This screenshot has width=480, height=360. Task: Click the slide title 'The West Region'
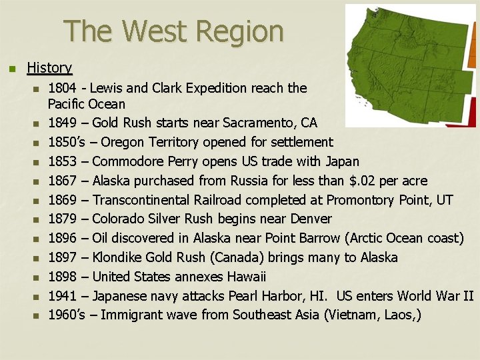click(x=173, y=31)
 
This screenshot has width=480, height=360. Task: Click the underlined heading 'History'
click(x=49, y=67)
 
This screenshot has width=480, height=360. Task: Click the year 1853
click(x=65, y=161)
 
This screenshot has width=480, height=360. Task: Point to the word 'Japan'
click(x=343, y=161)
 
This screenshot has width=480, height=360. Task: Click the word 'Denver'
click(x=311, y=219)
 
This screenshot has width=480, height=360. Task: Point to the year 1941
click(x=65, y=295)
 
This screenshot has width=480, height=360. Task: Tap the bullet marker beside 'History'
click(x=9, y=68)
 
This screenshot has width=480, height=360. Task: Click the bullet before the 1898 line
click(x=37, y=277)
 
